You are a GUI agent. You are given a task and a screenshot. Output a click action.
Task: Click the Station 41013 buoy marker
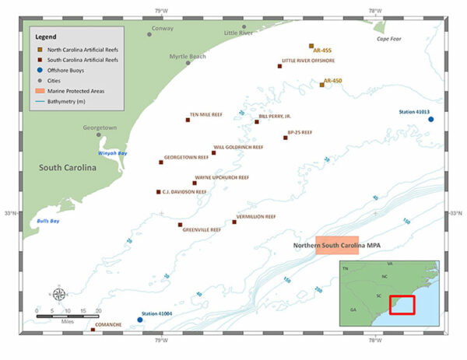(430, 119)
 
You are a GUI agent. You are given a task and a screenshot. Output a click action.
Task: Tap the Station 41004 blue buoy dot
(140, 320)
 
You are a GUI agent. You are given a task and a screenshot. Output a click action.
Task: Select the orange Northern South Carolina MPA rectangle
(337, 246)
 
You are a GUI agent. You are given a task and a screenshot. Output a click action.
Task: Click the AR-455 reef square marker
(311, 47)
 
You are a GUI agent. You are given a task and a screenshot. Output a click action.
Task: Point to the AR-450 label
(333, 80)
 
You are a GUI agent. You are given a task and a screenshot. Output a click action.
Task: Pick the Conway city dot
(150, 34)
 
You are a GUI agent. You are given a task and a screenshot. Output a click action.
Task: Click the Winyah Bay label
(111, 153)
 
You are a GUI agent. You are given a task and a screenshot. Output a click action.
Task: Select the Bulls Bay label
(48, 222)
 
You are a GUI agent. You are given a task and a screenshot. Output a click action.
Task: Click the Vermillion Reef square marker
(234, 222)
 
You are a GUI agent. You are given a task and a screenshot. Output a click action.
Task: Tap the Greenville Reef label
(201, 230)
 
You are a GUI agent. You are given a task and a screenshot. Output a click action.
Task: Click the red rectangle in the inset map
(402, 304)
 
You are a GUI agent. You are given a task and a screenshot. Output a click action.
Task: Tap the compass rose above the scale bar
(59, 295)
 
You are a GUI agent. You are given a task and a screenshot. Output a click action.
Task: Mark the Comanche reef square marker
(93, 330)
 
